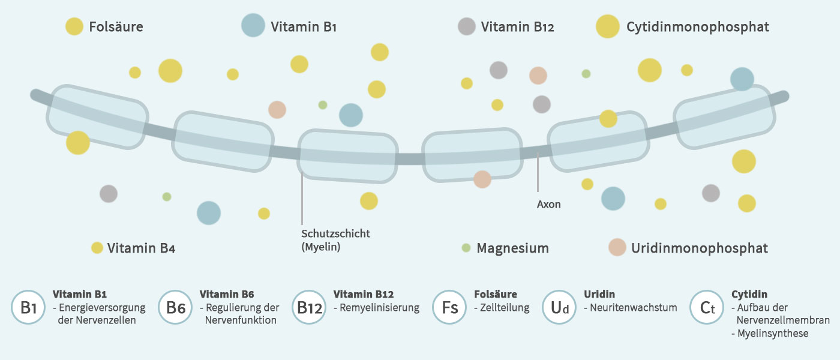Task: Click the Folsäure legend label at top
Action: point(116,27)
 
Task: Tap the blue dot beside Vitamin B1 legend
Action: point(253,26)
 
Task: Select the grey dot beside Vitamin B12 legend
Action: point(466,26)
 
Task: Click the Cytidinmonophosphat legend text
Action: point(697,27)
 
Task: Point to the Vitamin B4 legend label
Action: point(141,248)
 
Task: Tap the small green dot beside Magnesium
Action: point(466,248)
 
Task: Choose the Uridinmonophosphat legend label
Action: point(699,248)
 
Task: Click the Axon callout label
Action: point(548,205)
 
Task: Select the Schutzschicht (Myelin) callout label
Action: point(335,240)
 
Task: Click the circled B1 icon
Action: point(29,308)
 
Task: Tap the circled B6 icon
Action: point(175,308)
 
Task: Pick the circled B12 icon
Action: point(310,308)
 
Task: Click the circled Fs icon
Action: point(449,308)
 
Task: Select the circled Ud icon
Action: point(559,308)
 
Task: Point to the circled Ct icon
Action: point(707,308)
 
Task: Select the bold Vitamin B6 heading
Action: point(227,295)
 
